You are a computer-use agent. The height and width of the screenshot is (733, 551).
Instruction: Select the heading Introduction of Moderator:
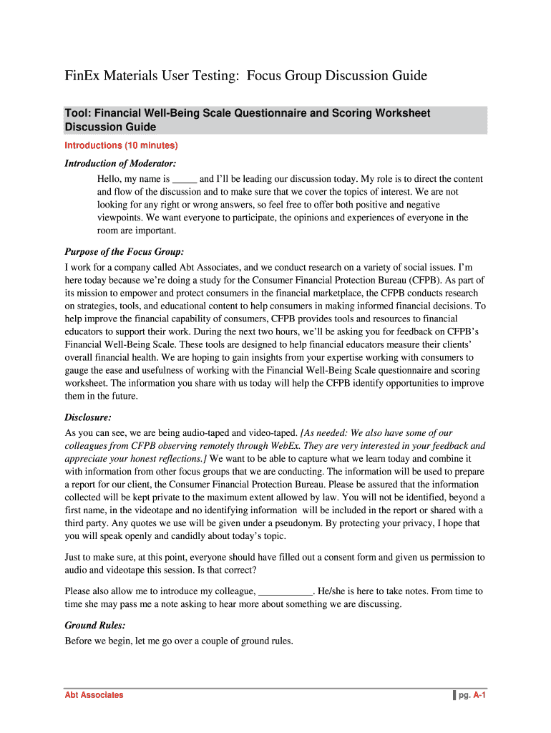point(120,163)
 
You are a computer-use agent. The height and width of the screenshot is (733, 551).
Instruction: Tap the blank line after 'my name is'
point(185,179)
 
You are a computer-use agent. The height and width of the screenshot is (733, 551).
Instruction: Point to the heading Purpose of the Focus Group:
point(125,251)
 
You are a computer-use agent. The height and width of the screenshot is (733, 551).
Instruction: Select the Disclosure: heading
point(88,417)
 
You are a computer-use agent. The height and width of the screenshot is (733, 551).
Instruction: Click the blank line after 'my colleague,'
point(285,591)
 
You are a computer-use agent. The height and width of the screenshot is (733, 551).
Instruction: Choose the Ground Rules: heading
point(95,625)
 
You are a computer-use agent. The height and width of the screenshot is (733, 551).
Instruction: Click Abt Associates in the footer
point(94,695)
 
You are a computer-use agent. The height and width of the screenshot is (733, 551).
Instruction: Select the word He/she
point(333,591)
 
